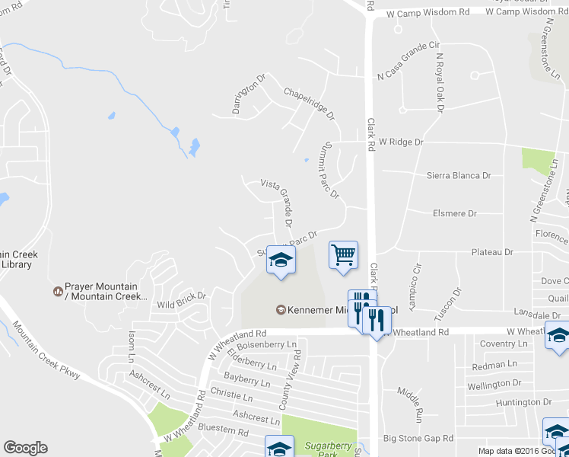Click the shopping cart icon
(343, 254)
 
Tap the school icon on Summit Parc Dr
(281, 261)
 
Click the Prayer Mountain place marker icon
(57, 291)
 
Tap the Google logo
(25, 448)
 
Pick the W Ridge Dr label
(400, 142)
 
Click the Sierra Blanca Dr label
(458, 175)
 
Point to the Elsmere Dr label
(453, 214)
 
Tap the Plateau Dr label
(492, 251)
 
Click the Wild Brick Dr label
(181, 301)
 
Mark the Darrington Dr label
(250, 91)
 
